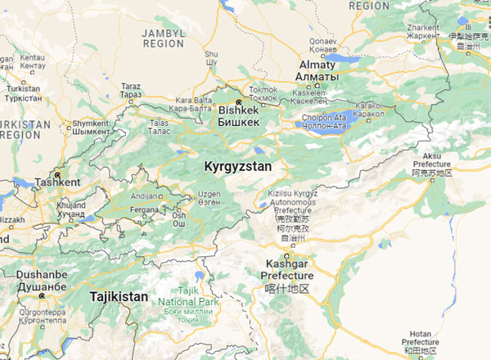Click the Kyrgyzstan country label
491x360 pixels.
[237, 165]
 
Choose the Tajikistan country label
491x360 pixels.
[119, 296]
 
